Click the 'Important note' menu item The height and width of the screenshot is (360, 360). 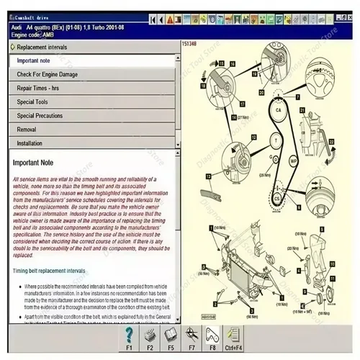click(35, 60)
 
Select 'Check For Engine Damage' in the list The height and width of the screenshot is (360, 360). click(48, 74)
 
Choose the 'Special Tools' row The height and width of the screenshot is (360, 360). click(33, 102)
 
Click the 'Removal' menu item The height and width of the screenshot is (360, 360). click(27, 129)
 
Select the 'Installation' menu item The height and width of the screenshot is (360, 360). click(30, 143)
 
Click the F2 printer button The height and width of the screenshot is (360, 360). click(150, 336)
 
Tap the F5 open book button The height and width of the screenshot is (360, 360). click(171, 336)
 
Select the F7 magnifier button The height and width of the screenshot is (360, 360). click(192, 336)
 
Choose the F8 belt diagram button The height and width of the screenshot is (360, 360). click(212, 336)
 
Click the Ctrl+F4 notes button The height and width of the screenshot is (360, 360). click(233, 336)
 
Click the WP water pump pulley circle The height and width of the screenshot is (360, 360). click(292, 159)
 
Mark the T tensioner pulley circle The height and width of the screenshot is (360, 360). click(275, 139)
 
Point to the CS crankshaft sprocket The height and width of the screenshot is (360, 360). click(276, 197)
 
